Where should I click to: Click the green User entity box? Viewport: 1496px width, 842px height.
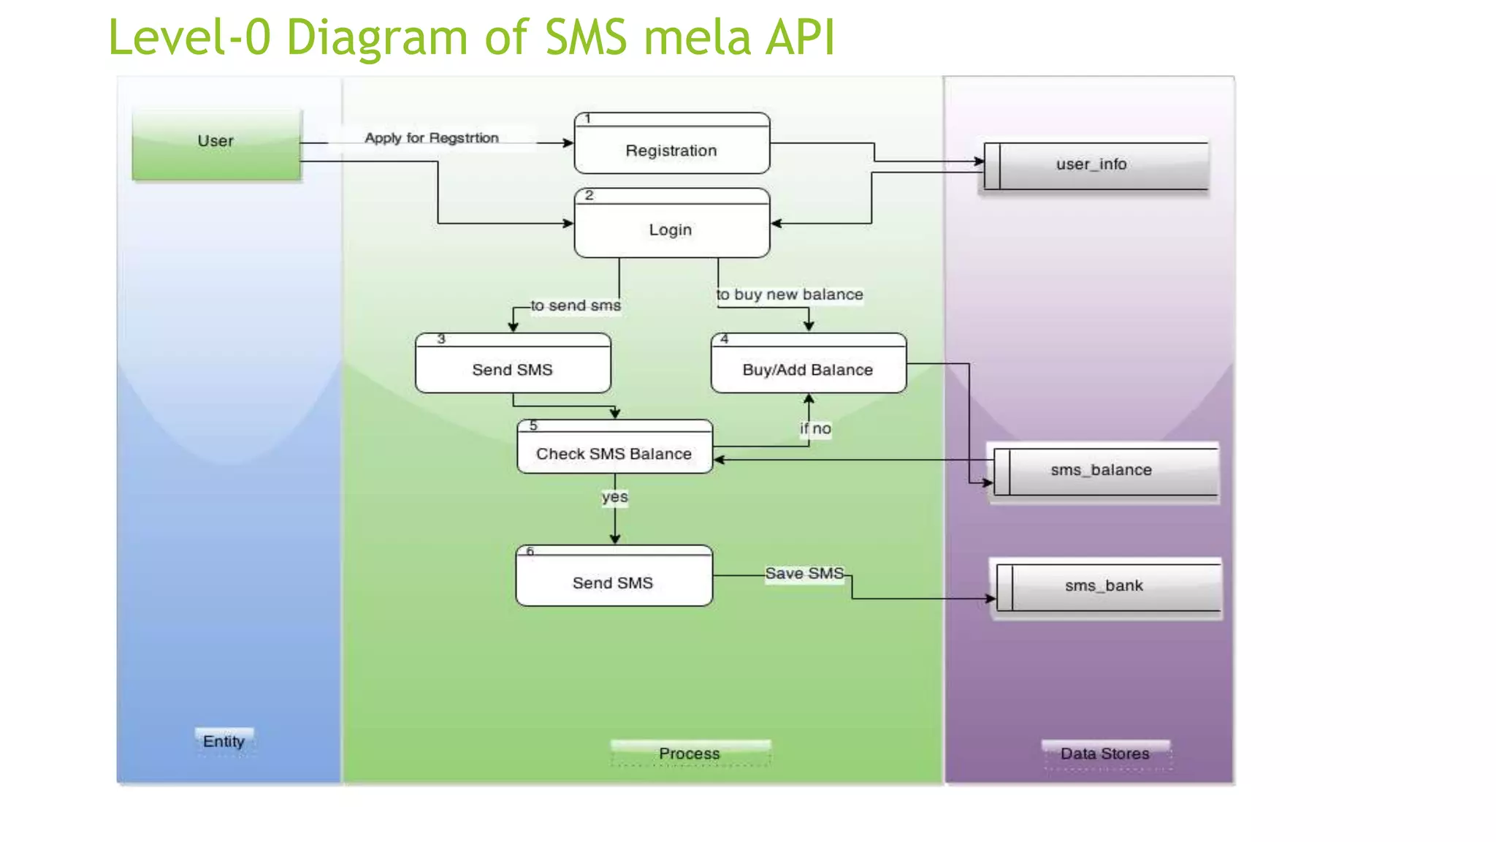pos(216,144)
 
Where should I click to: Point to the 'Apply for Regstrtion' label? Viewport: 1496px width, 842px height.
pos(432,138)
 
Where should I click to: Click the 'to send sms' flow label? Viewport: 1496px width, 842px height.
pos(576,306)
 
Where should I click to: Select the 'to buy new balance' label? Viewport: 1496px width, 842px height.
pos(790,295)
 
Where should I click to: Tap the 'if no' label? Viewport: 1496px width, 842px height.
pos(816,429)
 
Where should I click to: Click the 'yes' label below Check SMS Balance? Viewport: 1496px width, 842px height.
pos(615,497)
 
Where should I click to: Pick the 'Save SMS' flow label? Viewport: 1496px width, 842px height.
pos(804,574)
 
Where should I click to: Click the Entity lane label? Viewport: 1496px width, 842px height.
pos(224,741)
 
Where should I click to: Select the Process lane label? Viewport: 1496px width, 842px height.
pos(690,754)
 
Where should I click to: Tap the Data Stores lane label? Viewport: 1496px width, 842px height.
pos(1105,754)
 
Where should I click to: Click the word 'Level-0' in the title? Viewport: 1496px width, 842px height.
pos(190,38)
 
